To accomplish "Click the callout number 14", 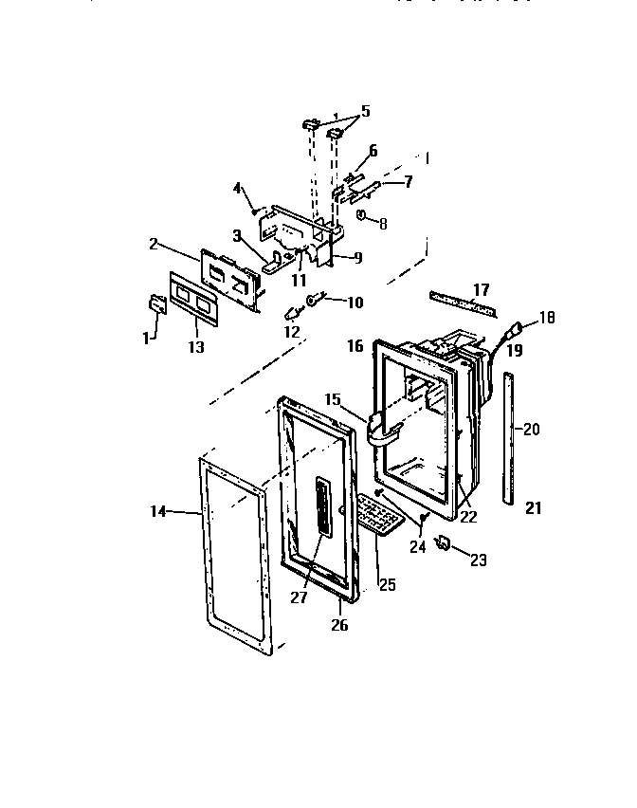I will coord(158,511).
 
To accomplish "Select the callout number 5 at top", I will coord(365,111).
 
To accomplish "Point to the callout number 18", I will coord(546,318).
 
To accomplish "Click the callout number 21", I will coord(534,508).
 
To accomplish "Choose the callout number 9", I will coord(357,257).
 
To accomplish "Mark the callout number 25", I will coord(387,585).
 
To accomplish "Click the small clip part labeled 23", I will coord(442,542).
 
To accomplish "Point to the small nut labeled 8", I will coord(362,217).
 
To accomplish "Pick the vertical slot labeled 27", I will coord(322,507).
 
